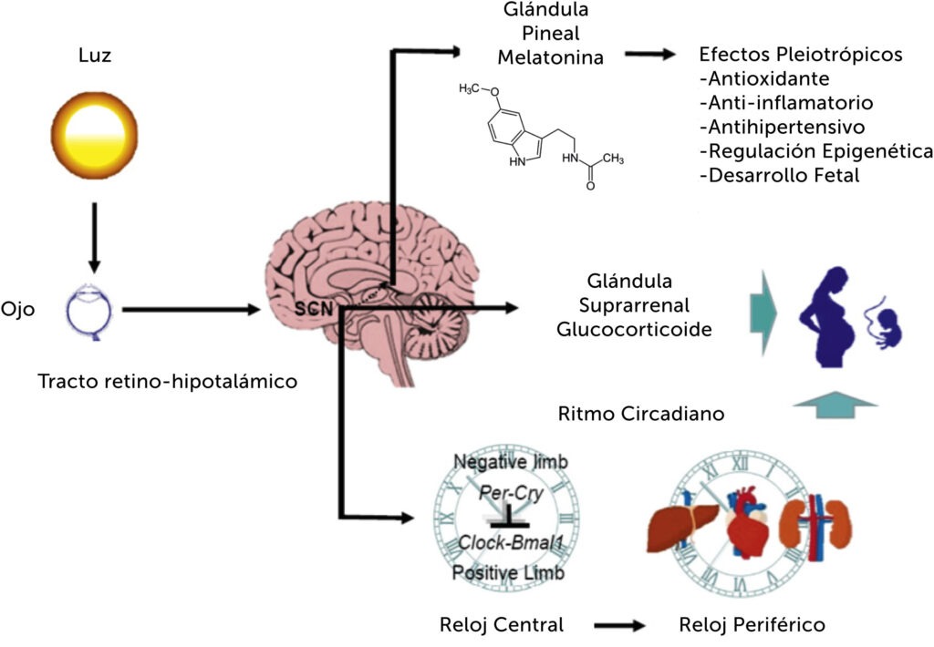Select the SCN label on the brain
(x=314, y=307)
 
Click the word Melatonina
(x=550, y=57)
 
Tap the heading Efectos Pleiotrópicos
(x=800, y=55)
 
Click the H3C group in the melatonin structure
(x=472, y=88)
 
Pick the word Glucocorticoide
(x=634, y=329)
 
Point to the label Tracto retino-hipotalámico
(x=167, y=381)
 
